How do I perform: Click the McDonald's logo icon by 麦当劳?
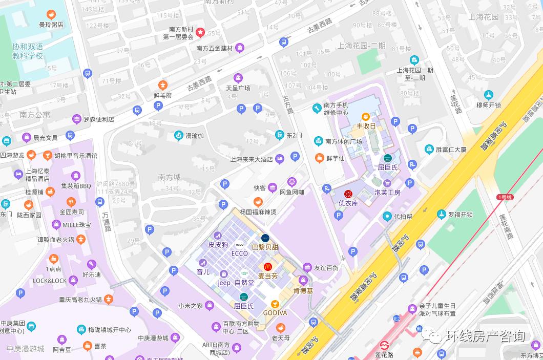(x=267, y=267)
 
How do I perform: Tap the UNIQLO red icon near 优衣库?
(x=348, y=194)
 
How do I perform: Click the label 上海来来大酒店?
(x=252, y=159)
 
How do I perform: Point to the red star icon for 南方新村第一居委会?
(x=200, y=32)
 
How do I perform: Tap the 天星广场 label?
(x=238, y=88)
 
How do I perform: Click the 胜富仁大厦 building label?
(x=451, y=150)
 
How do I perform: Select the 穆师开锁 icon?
(x=488, y=95)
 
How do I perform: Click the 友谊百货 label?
(x=326, y=267)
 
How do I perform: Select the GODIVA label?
(x=275, y=313)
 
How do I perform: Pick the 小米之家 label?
(x=191, y=306)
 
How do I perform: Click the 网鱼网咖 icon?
(x=292, y=181)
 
